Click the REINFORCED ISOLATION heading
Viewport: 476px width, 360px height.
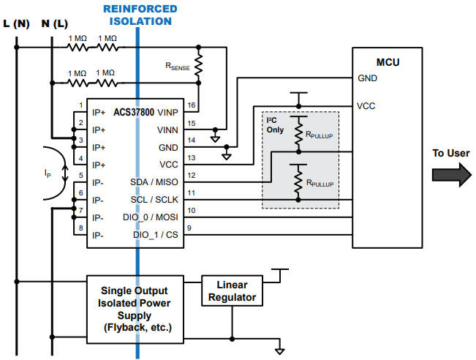point(139,15)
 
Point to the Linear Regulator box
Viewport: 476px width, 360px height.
point(231,290)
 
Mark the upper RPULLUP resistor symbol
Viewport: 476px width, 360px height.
point(298,132)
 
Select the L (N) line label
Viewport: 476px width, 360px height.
point(15,23)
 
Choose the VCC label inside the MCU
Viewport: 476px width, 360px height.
point(366,105)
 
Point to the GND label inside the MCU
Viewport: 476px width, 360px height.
point(366,78)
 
